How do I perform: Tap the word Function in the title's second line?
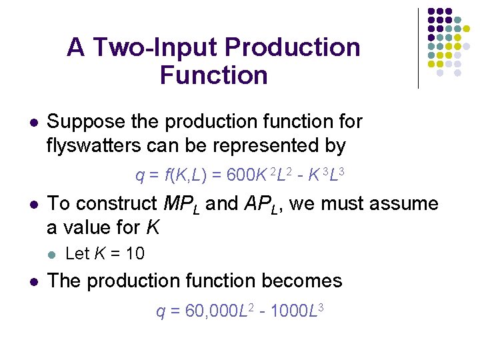(x=213, y=75)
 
